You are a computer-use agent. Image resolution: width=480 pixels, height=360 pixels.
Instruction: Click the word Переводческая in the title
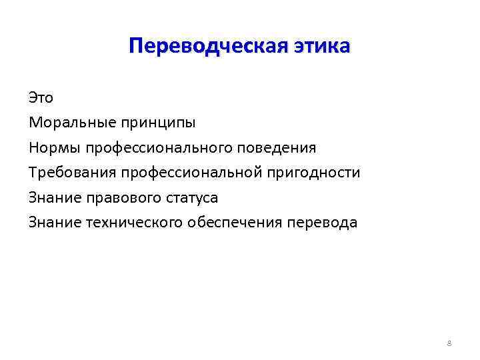(208, 47)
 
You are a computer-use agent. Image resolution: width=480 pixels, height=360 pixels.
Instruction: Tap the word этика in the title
(321, 47)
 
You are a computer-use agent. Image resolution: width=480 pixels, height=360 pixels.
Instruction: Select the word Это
(41, 97)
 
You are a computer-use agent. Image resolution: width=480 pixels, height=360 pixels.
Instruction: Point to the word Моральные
(64, 123)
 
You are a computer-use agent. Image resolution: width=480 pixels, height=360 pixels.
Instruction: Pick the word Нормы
(51, 147)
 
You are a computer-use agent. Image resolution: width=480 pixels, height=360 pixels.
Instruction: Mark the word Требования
(71, 173)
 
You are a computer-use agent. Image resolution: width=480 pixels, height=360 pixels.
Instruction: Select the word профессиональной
(191, 173)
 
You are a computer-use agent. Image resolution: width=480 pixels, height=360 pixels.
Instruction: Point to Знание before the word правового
(55, 197)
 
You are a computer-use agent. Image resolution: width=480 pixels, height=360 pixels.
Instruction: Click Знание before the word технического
(55, 222)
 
